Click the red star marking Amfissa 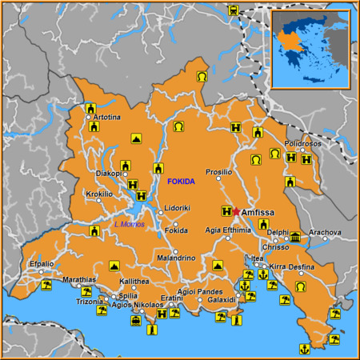236,211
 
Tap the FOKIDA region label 181,182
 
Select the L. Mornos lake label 128,224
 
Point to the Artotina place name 106,118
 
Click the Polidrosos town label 302,142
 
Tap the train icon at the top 233,11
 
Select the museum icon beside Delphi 295,237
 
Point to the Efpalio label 42,263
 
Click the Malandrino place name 176,258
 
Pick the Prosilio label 218,172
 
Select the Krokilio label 99,194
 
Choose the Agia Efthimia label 228,230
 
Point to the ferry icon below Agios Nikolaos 136,321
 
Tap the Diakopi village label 108,173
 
